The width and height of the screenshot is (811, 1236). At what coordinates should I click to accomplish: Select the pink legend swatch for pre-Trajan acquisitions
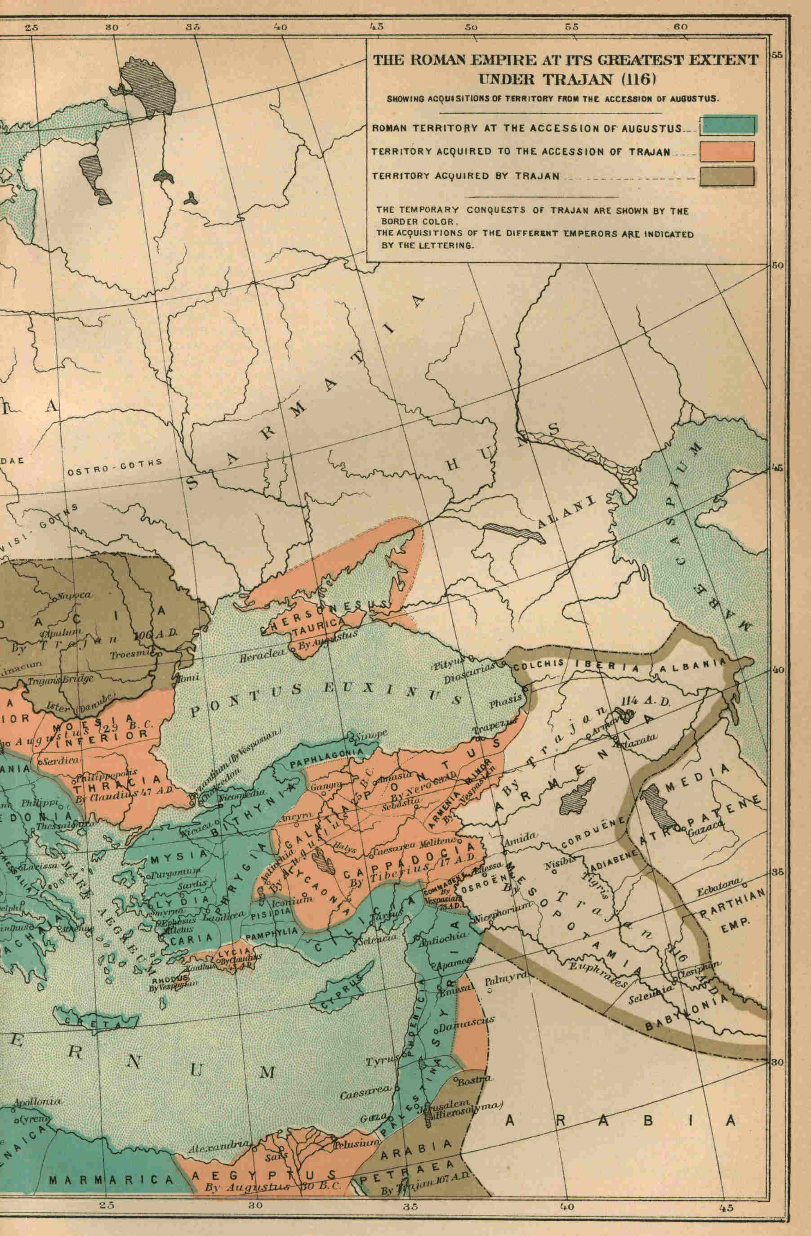(x=727, y=151)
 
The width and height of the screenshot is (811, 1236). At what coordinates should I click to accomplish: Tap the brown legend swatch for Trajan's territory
(x=727, y=176)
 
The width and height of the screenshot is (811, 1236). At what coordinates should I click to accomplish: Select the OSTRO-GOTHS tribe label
(x=115, y=466)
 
